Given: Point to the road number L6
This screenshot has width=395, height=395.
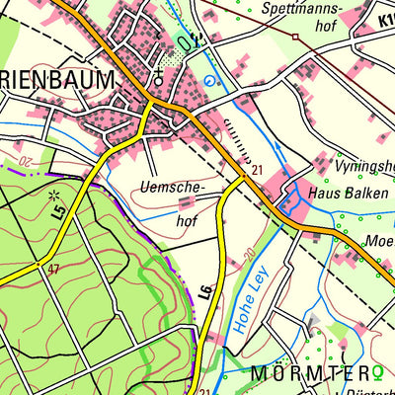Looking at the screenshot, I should coord(205,291).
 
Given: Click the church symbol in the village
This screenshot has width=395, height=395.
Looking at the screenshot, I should coord(156,75).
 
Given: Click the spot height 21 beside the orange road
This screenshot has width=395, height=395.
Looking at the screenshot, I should coord(256,171).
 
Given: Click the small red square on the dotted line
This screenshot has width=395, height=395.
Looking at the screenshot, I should coord(294,36).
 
